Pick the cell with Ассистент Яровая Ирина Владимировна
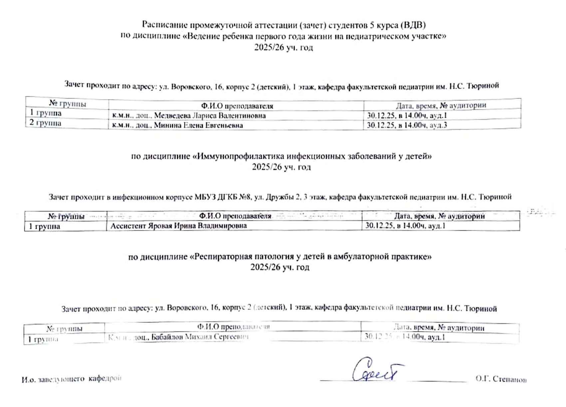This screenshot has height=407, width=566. pos(178,226)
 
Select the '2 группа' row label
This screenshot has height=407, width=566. pos(46,123)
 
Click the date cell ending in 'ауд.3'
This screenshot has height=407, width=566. pos(407,125)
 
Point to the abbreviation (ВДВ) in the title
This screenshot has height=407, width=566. pos(413,25)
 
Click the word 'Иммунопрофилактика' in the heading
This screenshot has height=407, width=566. pos(240,156)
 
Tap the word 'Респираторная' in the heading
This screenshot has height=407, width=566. pos(223,257)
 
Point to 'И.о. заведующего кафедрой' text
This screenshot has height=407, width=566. pos(72,379)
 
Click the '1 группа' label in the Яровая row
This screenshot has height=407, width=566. pos(44,227)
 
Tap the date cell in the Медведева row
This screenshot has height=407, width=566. pos(407,115)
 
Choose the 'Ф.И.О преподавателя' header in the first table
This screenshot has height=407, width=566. pos(237,106)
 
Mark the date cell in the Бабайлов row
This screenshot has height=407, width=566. pos(405,337)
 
